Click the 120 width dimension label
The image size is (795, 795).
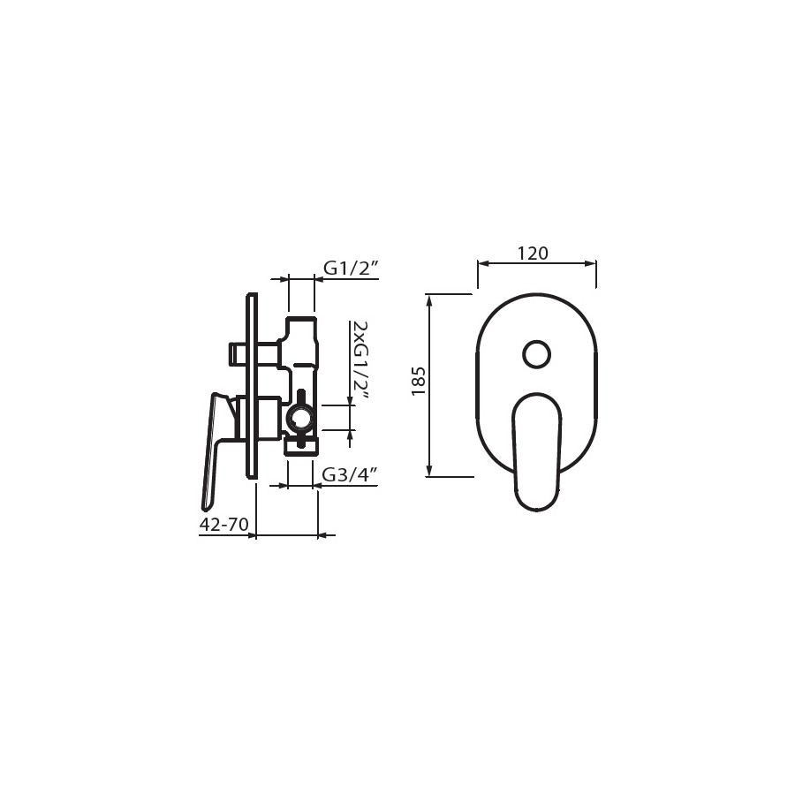533,253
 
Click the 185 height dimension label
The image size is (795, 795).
419,382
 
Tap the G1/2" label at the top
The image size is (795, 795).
351,268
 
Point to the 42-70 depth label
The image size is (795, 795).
223,524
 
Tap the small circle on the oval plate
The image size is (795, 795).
536,353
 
